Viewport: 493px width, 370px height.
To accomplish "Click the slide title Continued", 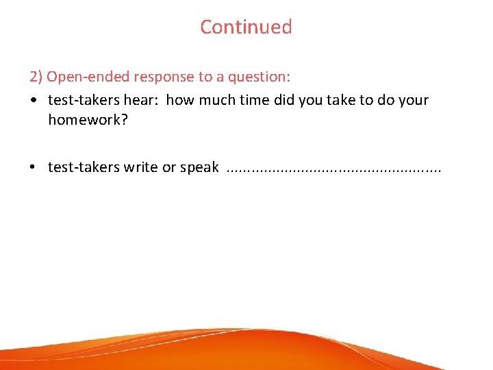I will pyautogui.click(x=246, y=27).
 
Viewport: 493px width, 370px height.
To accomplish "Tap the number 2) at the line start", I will pyautogui.click(x=36, y=76).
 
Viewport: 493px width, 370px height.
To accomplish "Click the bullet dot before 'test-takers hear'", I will pyautogui.click(x=33, y=101).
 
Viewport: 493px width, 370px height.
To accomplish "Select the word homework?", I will pyautogui.click(x=88, y=120).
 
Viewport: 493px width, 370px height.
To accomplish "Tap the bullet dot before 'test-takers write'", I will pyautogui.click(x=33, y=168).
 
